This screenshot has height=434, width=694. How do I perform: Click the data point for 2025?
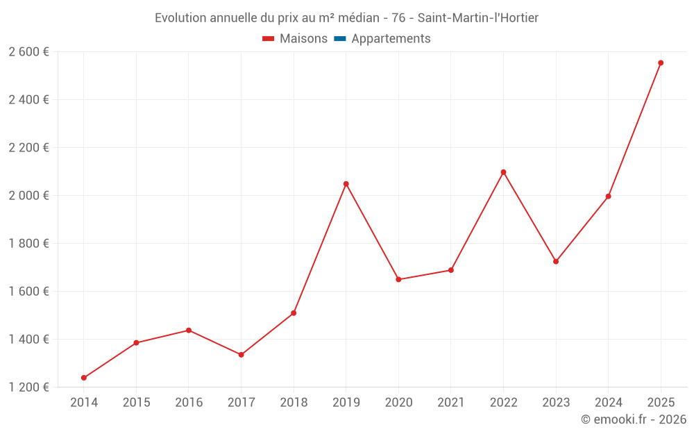[x=661, y=63]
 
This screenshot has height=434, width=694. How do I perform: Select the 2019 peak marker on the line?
[x=346, y=184]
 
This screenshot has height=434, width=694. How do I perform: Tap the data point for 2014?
[x=84, y=378]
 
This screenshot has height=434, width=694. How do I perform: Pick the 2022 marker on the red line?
[x=503, y=172]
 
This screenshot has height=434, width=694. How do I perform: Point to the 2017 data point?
[x=242, y=355]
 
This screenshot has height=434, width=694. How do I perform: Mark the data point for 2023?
[x=556, y=262]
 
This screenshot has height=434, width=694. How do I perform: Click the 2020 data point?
[x=398, y=279]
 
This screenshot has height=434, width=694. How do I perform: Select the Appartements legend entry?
[x=391, y=39]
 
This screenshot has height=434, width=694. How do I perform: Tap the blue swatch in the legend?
[x=340, y=39]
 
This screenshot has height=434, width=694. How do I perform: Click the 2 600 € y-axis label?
[x=28, y=52]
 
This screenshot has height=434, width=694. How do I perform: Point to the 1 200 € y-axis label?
[x=28, y=387]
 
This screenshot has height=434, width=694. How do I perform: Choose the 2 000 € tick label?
[x=28, y=196]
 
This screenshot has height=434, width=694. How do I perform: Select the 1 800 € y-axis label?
[x=28, y=244]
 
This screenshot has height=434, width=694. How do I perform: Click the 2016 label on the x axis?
[x=189, y=403]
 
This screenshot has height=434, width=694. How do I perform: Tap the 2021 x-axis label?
[x=451, y=403]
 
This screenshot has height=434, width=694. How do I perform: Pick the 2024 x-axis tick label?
[x=608, y=403]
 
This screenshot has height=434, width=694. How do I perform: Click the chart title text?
[x=346, y=18]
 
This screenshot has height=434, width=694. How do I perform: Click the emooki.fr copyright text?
[x=633, y=419]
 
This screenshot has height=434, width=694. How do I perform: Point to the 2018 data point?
[x=294, y=313]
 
